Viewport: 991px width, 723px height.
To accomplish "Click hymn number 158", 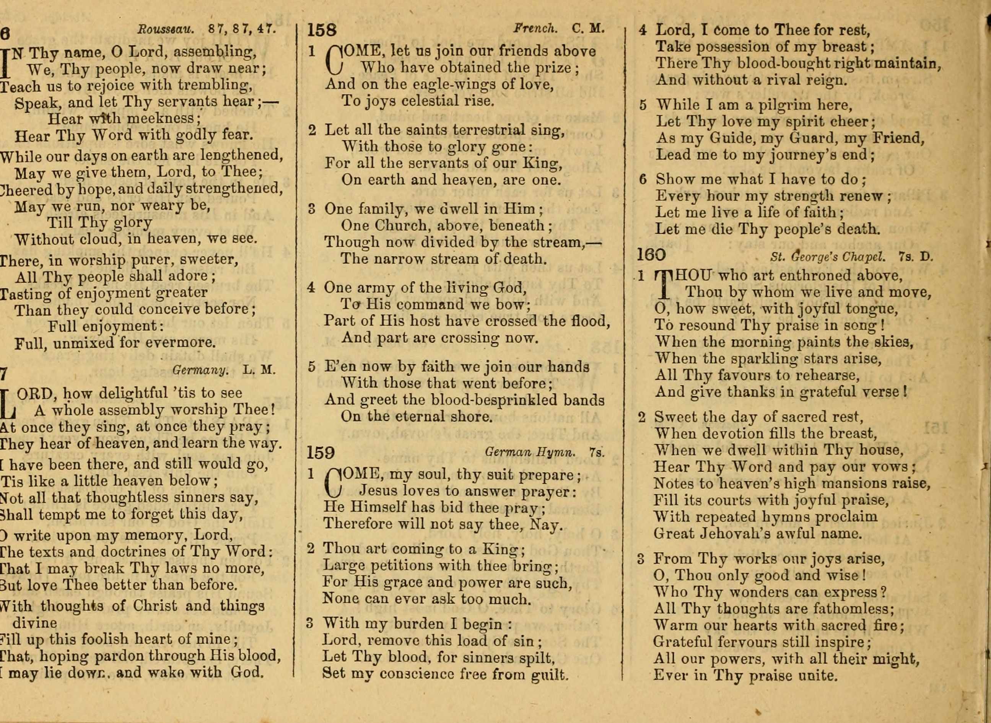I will click(322, 30).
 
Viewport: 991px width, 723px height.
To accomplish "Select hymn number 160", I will click(651, 255).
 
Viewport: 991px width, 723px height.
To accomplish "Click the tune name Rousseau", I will click(165, 29).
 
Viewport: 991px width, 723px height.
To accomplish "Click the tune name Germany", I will click(200, 370).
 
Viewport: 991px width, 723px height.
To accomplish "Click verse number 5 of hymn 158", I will click(311, 367).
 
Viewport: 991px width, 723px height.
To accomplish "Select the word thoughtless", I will click(127, 498).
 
